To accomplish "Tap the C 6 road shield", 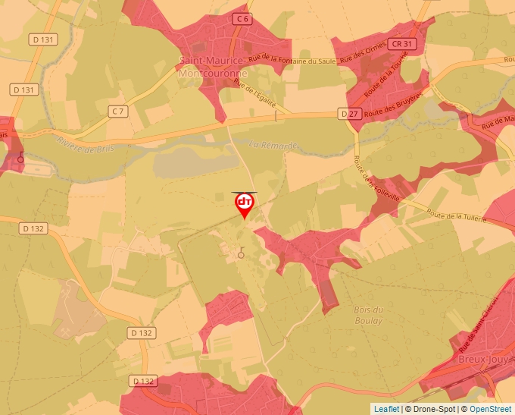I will pos(242,18).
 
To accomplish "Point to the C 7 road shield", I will pos(117,112).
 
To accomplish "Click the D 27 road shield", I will pos(348,114).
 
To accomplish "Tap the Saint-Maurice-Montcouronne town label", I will pos(211,68).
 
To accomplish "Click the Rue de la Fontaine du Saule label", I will pos(292,61).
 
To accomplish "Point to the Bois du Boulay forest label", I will pos(368,315).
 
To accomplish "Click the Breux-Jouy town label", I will pos(484,359).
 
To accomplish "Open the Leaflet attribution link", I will pos(386,409).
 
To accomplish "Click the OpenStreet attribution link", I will pos(490,409).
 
